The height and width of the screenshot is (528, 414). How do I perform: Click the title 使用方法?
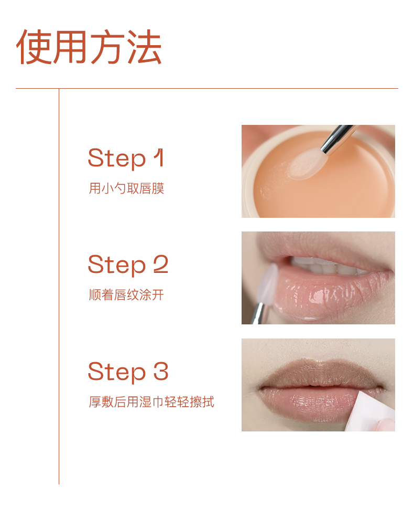pos(89,47)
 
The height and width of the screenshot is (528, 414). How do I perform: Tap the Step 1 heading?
pos(126,159)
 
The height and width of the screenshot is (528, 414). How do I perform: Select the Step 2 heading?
pos(128,265)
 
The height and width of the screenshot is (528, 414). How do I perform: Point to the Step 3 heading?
pos(128,372)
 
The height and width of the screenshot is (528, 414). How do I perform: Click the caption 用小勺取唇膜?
pos(126,188)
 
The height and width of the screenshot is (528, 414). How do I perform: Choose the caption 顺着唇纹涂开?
pos(126,294)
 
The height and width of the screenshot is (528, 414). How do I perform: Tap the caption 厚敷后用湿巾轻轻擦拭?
pos(151,402)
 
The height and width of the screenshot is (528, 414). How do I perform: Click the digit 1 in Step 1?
pos(159,157)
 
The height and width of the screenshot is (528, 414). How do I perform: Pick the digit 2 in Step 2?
pos(161,264)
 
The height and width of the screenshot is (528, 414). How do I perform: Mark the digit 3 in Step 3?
pos(161,371)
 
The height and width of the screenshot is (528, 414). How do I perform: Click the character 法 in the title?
pos(145,47)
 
